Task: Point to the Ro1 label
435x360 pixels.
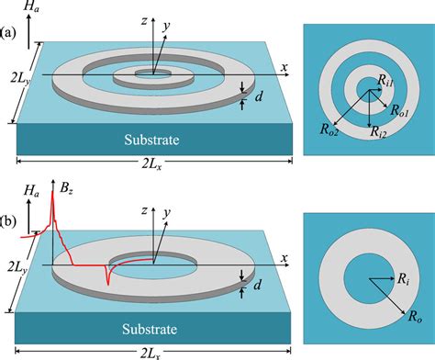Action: tap(400, 110)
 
